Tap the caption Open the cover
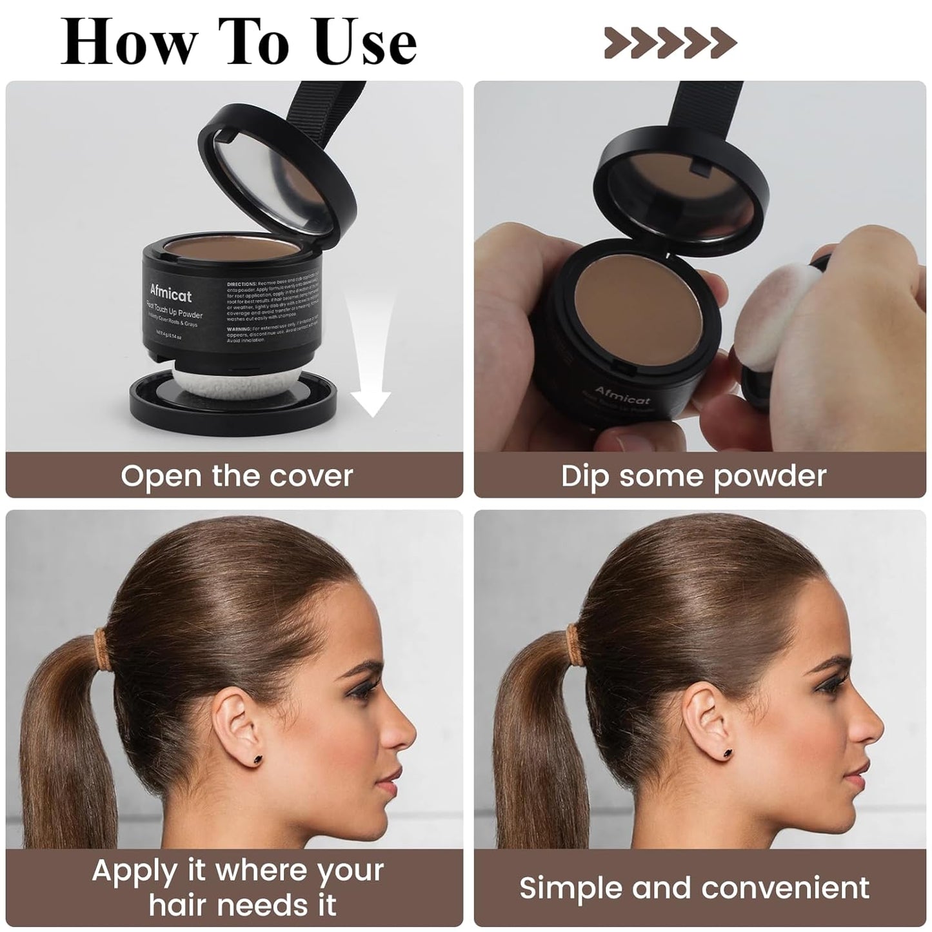pyautogui.click(x=236, y=476)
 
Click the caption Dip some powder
pyautogui.click(x=693, y=476)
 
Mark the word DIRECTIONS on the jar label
pyautogui.click(x=242, y=284)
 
